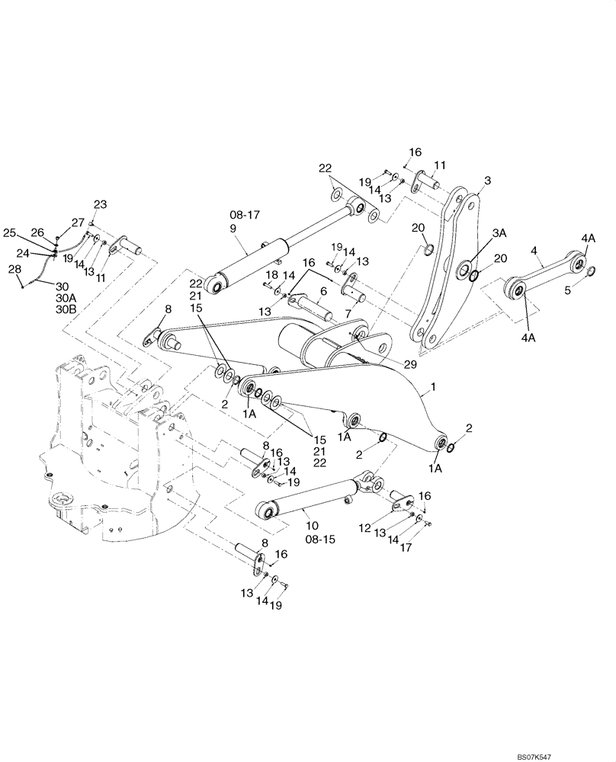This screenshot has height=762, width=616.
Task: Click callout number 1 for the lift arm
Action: pyautogui.click(x=434, y=388)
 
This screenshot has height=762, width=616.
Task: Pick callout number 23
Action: pyautogui.click(x=101, y=203)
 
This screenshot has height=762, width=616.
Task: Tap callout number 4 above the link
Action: pyautogui.click(x=534, y=250)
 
